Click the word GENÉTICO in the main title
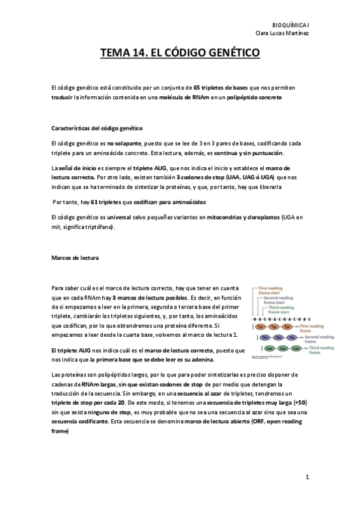pyautogui.click(x=229, y=54)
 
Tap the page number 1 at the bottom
pyautogui.click(x=307, y=478)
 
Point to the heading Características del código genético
pyautogui.click(x=97, y=129)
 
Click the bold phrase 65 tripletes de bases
pyautogui.click(x=221, y=88)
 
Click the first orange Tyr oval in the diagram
pyautogui.click(x=262, y=327)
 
